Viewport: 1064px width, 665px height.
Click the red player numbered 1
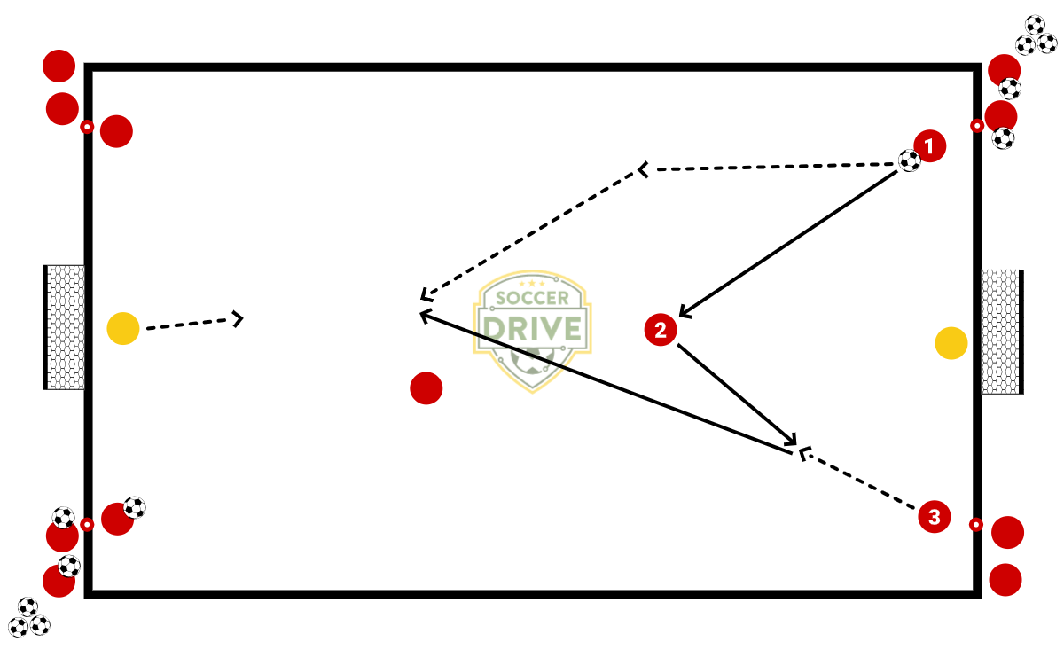pos(930,145)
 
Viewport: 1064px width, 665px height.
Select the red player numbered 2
pos(661,330)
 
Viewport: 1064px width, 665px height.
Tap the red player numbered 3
pos(935,516)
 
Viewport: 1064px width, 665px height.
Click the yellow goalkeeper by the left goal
pos(123,329)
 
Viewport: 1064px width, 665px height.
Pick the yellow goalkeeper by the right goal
pos(951,343)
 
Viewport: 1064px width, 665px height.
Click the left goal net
pos(65,327)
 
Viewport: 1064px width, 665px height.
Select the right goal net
pos(1002,332)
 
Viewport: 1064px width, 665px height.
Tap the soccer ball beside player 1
pos(910,160)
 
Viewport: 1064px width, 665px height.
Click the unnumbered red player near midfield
pos(426,387)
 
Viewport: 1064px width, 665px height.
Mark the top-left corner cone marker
pos(87,128)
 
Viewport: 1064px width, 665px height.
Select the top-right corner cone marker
pos(977,126)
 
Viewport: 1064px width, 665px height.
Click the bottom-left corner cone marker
pos(87,524)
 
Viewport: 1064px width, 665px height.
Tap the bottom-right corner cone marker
pos(976,525)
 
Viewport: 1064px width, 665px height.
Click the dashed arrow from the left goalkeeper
pos(191,324)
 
